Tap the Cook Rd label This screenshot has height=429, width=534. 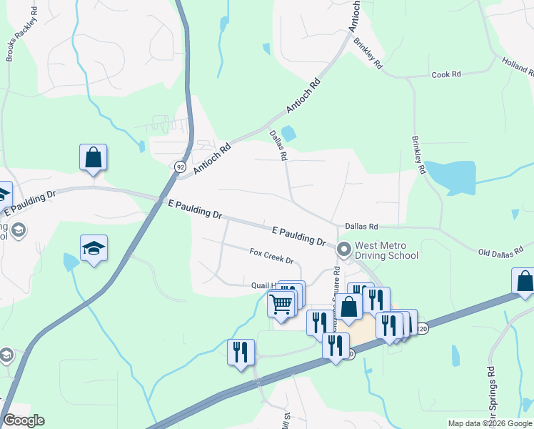[x=446, y=75]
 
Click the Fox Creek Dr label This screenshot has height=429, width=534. [x=271, y=255]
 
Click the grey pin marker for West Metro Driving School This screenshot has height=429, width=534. [x=344, y=250]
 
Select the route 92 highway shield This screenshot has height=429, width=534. [x=179, y=166]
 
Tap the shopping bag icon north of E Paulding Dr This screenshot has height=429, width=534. [x=94, y=157]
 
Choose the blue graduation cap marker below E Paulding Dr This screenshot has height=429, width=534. [x=94, y=248]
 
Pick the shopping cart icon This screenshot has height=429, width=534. [x=281, y=304]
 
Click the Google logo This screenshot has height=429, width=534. [x=24, y=420]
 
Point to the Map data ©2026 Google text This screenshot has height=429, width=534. [x=489, y=423]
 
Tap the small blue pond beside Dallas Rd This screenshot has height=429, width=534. [x=288, y=133]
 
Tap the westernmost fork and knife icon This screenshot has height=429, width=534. [x=241, y=351]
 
